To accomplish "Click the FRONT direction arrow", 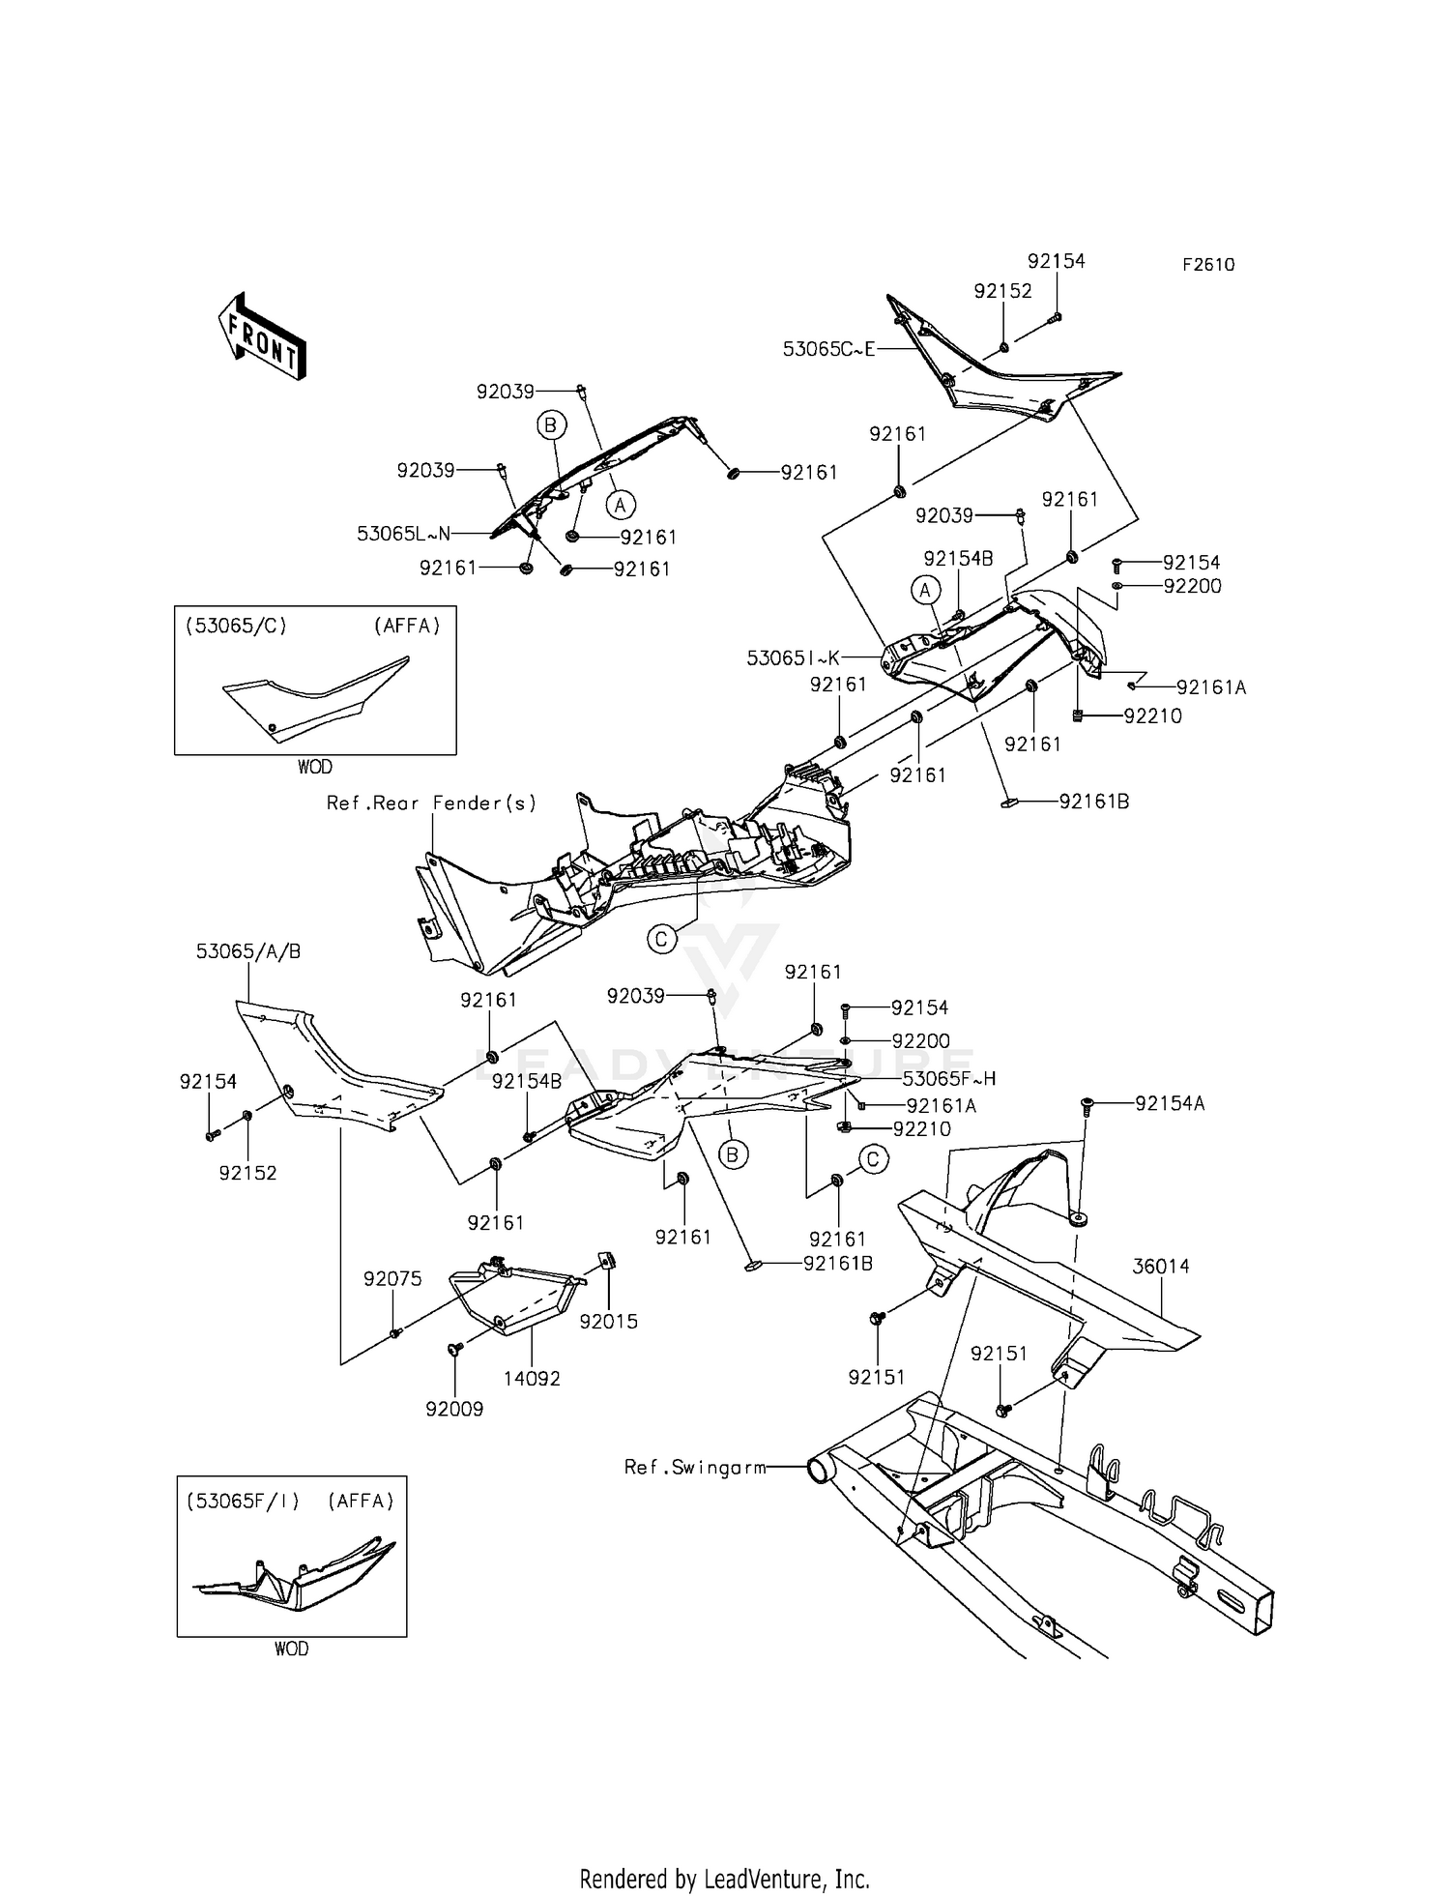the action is point(262,336).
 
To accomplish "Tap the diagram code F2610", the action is point(1207,265).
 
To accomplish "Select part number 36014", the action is point(1161,1266).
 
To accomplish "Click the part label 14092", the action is point(533,1379).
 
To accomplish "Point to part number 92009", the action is point(454,1409).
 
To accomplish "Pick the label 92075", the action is point(392,1279).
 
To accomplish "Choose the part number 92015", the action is point(609,1322).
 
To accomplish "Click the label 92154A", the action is point(1170,1103).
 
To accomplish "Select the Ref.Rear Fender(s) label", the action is point(431,803).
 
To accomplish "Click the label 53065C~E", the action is point(828,349).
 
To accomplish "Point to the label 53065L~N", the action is point(404,534).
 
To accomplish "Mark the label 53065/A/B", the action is point(248,951).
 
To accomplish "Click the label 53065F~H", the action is point(949,1079).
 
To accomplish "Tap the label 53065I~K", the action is point(793,658).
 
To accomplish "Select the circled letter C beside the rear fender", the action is point(662,939).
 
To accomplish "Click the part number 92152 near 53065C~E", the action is point(1002,291).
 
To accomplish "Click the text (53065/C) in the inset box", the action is point(236,626).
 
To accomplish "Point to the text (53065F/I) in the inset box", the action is point(243,1502).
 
